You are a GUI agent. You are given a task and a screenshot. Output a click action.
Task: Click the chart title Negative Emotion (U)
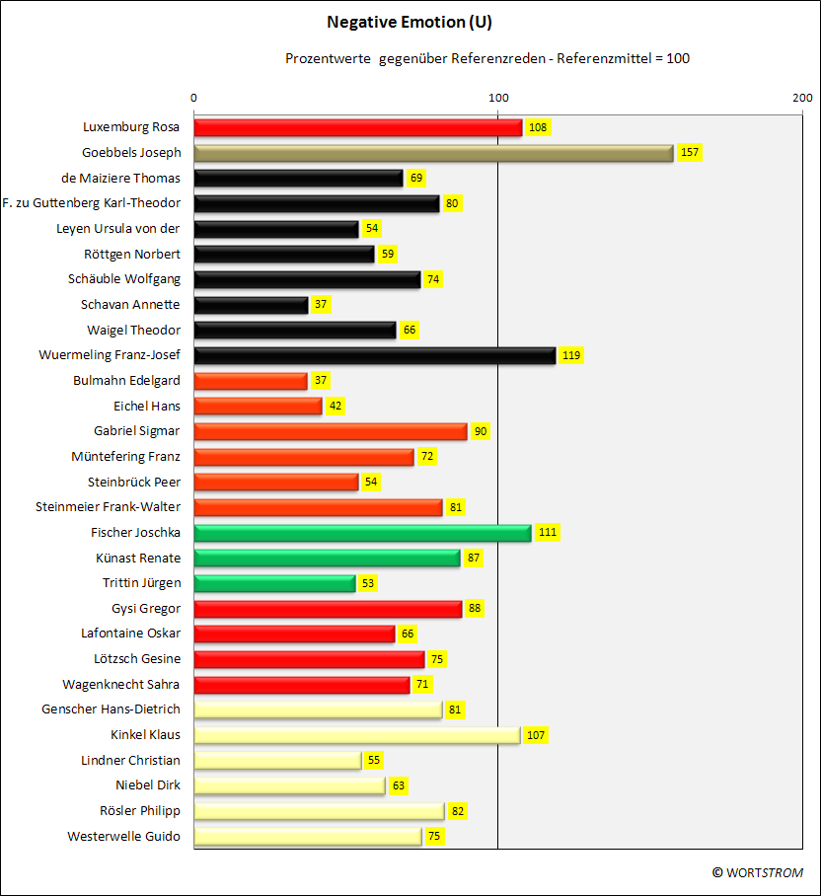tap(410, 23)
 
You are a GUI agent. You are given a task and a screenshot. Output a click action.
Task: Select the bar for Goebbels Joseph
tap(433, 153)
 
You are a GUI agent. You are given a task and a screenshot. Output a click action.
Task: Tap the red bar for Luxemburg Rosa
tap(358, 127)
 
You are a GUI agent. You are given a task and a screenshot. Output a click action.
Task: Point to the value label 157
tap(690, 153)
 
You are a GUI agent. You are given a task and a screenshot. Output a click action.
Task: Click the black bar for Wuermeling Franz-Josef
tap(375, 355)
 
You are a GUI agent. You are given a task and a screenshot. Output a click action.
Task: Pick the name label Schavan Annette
tap(130, 305)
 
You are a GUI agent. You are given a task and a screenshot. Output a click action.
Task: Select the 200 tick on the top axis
tap(802, 98)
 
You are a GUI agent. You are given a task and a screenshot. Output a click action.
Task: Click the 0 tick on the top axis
tap(193, 98)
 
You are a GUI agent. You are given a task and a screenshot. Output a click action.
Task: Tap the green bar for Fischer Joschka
tap(363, 533)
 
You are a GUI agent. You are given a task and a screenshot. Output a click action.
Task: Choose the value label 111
tap(548, 533)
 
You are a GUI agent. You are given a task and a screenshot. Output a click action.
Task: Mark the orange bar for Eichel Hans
tap(259, 407)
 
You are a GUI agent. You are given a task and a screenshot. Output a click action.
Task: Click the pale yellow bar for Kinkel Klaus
tap(357, 735)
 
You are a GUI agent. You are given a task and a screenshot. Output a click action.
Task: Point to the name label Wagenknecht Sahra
tap(121, 685)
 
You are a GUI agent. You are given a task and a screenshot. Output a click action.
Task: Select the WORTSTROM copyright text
tap(758, 872)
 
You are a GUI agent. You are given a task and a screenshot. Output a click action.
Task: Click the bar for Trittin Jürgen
tap(274, 583)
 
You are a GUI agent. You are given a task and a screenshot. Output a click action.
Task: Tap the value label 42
tap(336, 407)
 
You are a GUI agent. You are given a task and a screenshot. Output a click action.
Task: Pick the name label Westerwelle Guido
tap(124, 837)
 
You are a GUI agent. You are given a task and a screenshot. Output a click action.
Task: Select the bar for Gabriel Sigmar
tap(331, 431)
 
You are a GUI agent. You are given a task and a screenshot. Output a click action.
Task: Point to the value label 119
tap(571, 355)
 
